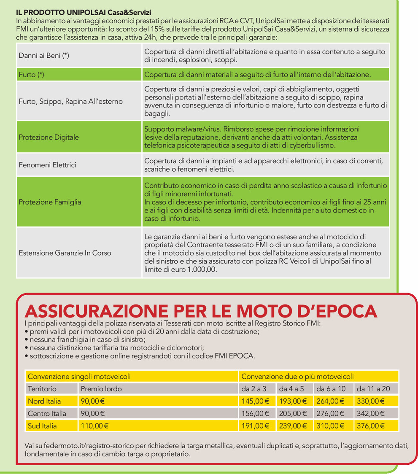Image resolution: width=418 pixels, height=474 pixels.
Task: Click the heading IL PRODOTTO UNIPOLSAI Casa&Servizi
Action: (x=84, y=13)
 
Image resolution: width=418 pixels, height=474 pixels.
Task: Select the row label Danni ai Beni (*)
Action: (x=44, y=55)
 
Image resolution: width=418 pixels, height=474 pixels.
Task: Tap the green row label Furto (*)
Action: (x=32, y=75)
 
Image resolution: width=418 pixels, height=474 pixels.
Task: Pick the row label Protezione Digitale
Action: (x=49, y=137)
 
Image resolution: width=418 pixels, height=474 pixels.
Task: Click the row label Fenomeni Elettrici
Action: (x=47, y=165)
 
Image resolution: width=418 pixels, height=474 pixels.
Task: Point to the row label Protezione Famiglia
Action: (x=50, y=202)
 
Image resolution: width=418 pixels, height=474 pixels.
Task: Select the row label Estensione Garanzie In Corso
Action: (x=65, y=253)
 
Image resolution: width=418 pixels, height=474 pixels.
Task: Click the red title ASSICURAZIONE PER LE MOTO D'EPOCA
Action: (x=201, y=311)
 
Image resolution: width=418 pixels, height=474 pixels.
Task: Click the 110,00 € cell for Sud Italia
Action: (x=94, y=426)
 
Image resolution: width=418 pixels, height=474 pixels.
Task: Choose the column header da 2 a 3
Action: (x=253, y=388)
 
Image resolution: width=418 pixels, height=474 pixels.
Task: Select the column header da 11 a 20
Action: (x=373, y=388)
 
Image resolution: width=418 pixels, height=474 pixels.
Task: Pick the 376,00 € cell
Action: (x=371, y=426)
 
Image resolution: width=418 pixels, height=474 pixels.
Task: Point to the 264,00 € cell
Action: (x=330, y=401)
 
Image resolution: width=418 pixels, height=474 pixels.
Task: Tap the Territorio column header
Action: (x=42, y=388)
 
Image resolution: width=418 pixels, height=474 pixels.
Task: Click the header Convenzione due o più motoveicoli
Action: (x=297, y=376)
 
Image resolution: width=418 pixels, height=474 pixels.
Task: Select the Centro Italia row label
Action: (x=47, y=413)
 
